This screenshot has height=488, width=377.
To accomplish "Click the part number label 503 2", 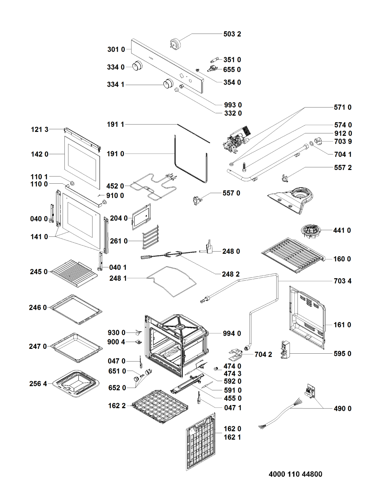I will tap(232, 34).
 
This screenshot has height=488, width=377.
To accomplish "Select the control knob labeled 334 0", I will tap(138, 66).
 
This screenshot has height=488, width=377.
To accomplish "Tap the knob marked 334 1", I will tap(168, 83).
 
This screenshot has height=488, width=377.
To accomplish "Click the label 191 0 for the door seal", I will tap(115, 154).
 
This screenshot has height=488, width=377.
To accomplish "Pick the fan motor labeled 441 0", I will tap(311, 231).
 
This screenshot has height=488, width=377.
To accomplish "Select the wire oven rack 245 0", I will tap(74, 272).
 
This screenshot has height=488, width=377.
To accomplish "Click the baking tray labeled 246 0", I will tap(76, 309).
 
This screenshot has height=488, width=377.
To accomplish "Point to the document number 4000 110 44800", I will tap(295, 474).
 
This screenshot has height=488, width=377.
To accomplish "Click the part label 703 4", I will tap(342, 281).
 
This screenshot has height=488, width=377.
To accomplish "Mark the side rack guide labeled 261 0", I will tap(150, 237).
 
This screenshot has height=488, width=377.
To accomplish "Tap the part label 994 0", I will tap(232, 333).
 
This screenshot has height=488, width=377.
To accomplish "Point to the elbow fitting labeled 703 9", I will tap(318, 141).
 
